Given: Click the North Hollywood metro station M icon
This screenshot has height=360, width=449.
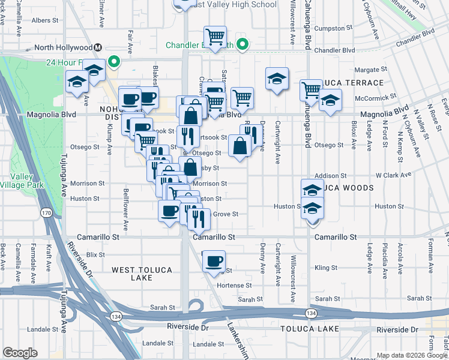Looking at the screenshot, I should pyautogui.click(x=97, y=47).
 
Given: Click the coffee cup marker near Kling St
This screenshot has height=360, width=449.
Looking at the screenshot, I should pyautogui.click(x=214, y=261).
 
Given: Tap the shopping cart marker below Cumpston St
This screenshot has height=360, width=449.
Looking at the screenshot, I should pyautogui.click(x=214, y=37).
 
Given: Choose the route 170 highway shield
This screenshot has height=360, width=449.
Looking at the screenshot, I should pyautogui.click(x=46, y=212).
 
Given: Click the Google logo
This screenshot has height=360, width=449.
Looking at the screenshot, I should pyautogui.click(x=20, y=353).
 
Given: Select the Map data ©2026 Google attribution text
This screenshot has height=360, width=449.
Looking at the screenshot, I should pyautogui.click(x=411, y=355).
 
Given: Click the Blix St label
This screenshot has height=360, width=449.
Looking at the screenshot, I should pyautogui.click(x=95, y=254).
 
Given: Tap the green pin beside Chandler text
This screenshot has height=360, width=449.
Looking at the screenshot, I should pyautogui.click(x=243, y=43).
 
